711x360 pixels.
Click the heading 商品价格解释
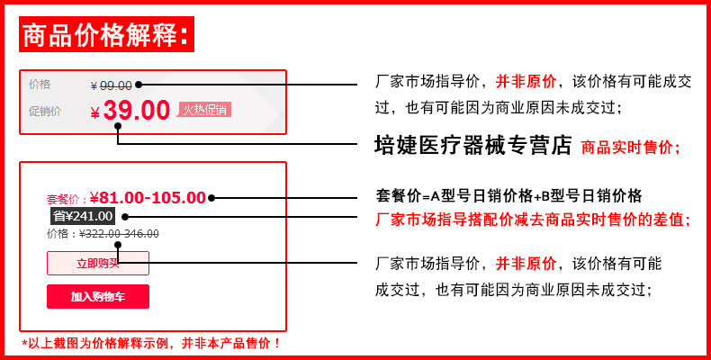click(105, 36)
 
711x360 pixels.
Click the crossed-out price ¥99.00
click(112, 85)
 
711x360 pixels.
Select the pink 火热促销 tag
click(204, 110)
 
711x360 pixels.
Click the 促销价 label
click(45, 112)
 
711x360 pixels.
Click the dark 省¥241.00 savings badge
click(83, 216)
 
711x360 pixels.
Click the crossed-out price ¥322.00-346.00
click(119, 234)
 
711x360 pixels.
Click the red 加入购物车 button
click(98, 297)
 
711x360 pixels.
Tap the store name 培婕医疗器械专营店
click(473, 145)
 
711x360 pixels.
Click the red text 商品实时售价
click(631, 147)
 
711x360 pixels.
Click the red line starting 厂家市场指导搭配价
click(532, 219)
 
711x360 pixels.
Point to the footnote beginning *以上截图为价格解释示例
click(151, 343)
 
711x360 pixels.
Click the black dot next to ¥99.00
click(139, 85)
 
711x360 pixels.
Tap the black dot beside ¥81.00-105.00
click(211, 198)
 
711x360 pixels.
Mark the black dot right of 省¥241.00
click(124, 217)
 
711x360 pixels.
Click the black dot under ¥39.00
click(117, 127)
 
